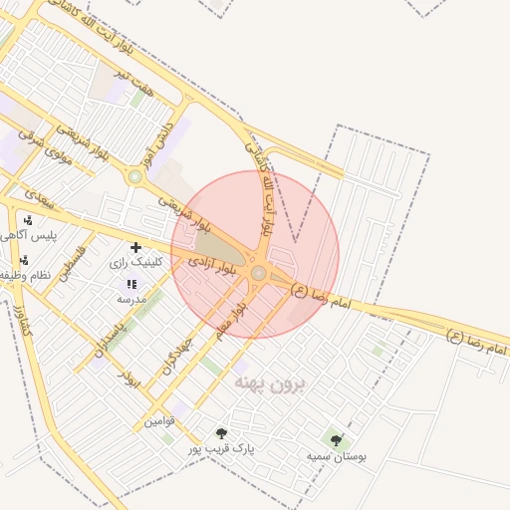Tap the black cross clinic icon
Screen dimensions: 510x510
135,246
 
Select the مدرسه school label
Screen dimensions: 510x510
131,299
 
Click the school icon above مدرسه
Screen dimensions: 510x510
131,284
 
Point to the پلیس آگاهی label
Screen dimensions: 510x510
27,236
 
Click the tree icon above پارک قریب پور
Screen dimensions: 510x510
221,433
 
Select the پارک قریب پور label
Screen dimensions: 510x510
222,449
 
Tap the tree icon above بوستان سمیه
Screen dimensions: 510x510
335,438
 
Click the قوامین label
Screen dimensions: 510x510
159,421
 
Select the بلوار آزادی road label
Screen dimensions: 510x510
214,265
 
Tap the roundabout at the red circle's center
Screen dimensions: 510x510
258,273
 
